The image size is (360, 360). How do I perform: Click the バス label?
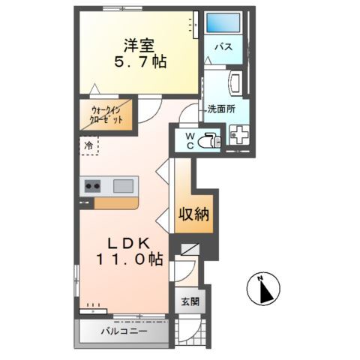click(223, 47)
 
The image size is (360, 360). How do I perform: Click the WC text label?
click(190, 139)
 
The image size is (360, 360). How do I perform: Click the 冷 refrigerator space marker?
click(88, 145)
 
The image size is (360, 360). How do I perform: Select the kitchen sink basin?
click(123, 185)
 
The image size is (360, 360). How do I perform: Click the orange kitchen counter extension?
click(116, 203)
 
